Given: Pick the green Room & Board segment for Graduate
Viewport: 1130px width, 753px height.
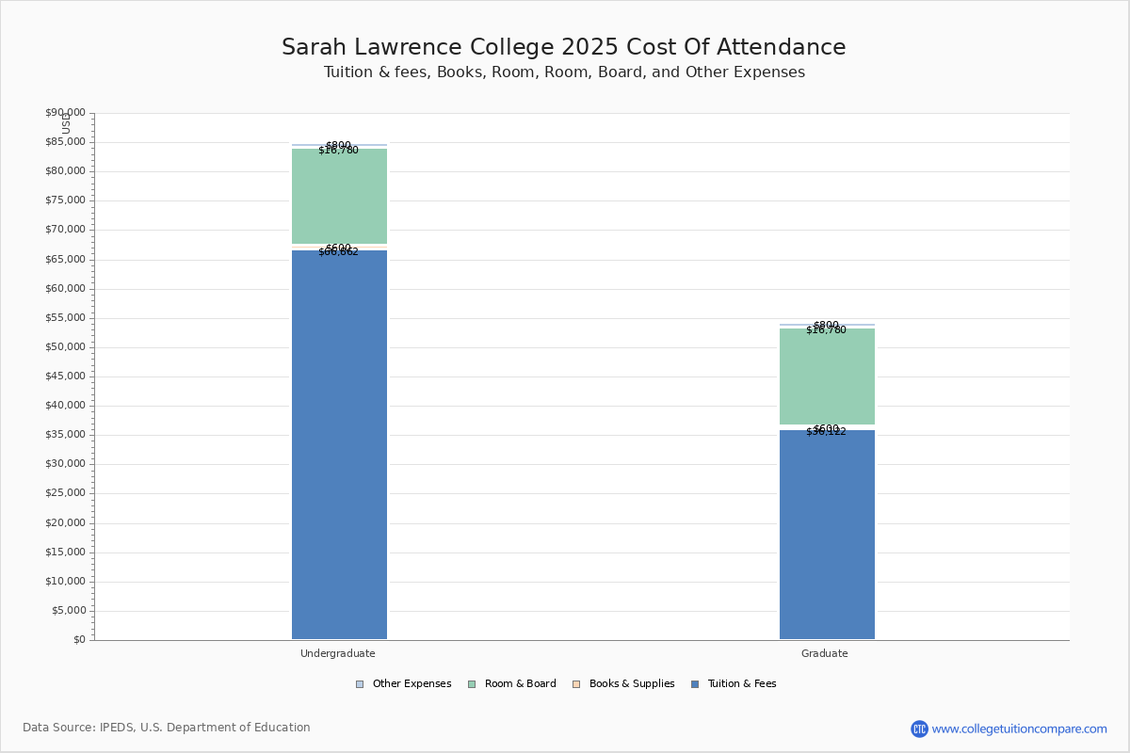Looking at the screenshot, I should pos(827,376).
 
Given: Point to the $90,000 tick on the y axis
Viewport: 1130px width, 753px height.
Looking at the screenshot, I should pos(65,113).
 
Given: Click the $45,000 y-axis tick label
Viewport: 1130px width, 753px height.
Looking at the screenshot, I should pos(65,376).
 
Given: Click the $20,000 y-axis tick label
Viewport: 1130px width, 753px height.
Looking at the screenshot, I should pos(65,523).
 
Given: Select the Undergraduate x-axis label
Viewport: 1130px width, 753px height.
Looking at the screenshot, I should pos(338,653).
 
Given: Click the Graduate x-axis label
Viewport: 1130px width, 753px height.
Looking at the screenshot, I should pos(825,653).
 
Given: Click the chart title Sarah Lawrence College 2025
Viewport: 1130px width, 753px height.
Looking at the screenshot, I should pos(563,48).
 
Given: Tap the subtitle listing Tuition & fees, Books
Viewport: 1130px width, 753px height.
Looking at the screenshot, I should pos(564,72).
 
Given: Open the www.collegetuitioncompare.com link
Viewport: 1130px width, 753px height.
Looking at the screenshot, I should pos(1019,729).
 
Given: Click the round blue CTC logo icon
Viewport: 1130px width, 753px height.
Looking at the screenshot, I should pos(919,729).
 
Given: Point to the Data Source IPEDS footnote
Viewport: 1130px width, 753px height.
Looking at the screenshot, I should pos(167,728).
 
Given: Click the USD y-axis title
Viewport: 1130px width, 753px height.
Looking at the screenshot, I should pos(66,123).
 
